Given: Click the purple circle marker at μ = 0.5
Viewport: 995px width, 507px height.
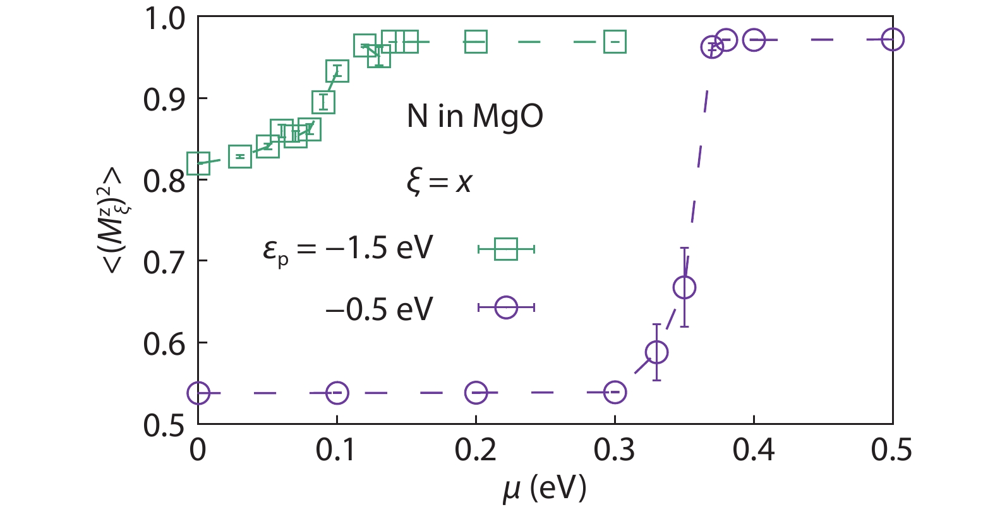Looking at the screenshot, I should [x=892, y=40].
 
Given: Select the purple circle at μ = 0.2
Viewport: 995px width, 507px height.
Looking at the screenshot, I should [x=476, y=393].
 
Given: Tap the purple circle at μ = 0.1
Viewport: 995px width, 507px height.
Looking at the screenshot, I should [x=337, y=393].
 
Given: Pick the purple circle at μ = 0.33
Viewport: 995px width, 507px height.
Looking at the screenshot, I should [x=656, y=352].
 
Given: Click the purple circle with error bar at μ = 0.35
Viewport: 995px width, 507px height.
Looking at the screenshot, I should [x=684, y=287].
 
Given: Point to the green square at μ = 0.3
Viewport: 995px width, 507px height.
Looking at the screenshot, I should [x=615, y=42].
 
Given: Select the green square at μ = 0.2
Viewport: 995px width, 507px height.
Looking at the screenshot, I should [x=476, y=42].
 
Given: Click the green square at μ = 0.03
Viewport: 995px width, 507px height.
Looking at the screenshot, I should [x=240, y=157].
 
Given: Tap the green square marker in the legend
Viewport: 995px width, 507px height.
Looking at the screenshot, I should [x=506, y=249].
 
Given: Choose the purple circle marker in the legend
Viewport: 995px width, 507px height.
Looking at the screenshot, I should [x=506, y=307].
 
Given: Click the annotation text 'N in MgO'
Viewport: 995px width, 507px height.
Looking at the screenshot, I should [x=474, y=116].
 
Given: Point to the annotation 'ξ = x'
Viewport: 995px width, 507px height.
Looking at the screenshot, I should [x=439, y=182].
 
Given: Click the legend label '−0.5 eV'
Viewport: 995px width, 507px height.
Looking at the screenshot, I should [x=379, y=309].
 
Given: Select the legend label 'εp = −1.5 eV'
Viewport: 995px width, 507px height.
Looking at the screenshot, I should [x=348, y=248].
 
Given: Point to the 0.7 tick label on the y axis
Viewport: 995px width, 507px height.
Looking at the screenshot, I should [x=164, y=262].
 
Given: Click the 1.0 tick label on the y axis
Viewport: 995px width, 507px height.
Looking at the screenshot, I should [x=165, y=19].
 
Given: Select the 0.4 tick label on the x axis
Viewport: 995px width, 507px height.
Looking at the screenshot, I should [x=753, y=450].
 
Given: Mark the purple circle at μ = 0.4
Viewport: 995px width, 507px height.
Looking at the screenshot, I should [x=754, y=40].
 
